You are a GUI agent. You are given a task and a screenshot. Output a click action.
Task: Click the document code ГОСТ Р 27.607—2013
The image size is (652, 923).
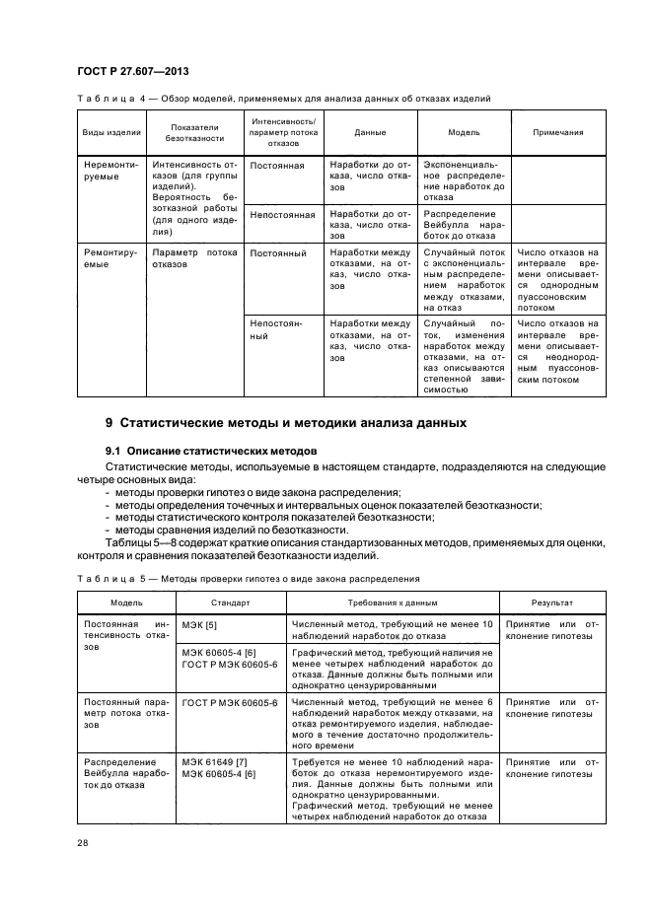tap(133, 72)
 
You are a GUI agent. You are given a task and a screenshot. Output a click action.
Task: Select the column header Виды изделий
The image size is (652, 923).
tap(110, 132)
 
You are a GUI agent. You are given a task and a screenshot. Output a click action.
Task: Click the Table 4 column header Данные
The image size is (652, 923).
tap(369, 132)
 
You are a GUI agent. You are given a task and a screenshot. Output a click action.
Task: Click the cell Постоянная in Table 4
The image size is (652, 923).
tap(278, 166)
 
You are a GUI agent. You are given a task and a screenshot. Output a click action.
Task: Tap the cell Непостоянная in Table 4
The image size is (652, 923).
tap(282, 213)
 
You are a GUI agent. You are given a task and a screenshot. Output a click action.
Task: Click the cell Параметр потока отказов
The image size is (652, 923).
tap(194, 259)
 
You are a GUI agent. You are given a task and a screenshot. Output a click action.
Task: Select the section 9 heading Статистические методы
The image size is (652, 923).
tap(285, 423)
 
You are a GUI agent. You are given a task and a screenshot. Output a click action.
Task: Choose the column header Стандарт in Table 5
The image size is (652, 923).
tap(229, 601)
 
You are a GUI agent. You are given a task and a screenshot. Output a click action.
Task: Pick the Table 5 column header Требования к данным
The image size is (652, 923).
tap(392, 601)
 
